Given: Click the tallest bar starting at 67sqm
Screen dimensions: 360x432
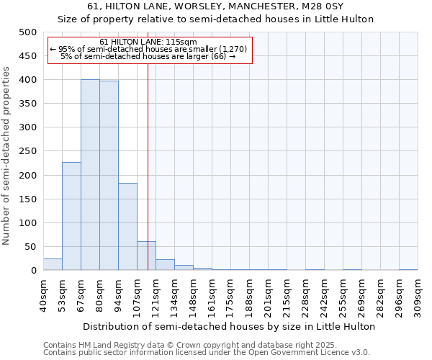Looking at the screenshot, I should pyautogui.click(x=90, y=175).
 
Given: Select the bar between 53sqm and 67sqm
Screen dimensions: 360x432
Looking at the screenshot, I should pyautogui.click(x=71, y=216).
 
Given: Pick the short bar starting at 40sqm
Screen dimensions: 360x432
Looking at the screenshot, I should pyautogui.click(x=53, y=264).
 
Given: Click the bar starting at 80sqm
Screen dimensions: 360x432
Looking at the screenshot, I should pyautogui.click(x=109, y=176).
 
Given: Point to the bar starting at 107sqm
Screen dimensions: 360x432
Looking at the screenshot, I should pyautogui.click(x=146, y=256).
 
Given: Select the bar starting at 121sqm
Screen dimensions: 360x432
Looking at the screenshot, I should pyautogui.click(x=165, y=265).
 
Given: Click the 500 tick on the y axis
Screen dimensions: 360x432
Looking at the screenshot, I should pyautogui.click(x=27, y=32).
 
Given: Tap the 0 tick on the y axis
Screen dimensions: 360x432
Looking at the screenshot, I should pyautogui.click(x=33, y=271).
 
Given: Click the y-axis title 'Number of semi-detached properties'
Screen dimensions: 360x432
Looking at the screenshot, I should pyautogui.click(x=7, y=156).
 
